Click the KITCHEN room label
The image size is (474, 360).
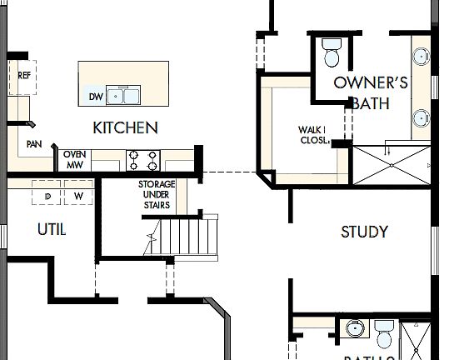pos(125,127)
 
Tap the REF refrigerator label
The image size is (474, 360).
pos(25,75)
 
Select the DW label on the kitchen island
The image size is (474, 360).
pos(95,97)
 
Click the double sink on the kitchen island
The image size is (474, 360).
pos(127,96)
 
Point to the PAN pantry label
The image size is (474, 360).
pos(34,144)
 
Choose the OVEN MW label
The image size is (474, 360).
pos(75,159)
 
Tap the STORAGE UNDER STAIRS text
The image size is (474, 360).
pos(156,194)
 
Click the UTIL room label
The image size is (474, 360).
pos(52,228)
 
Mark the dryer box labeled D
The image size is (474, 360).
pos(47,197)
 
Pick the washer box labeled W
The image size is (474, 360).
pos(79,197)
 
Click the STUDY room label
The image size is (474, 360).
pos(364,232)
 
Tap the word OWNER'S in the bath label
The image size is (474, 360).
pos(370,82)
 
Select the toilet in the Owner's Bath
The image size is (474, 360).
pos(332,52)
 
